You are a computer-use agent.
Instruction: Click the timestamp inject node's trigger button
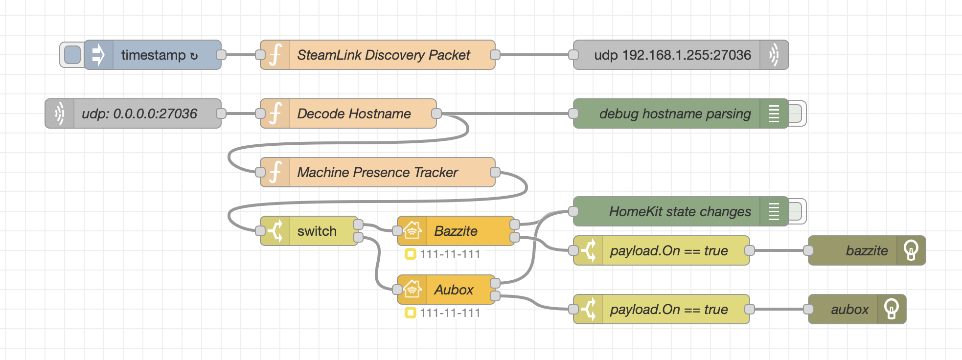[x=72, y=55]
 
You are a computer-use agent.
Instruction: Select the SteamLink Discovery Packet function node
[x=383, y=55]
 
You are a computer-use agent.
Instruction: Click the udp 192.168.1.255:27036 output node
[x=672, y=55]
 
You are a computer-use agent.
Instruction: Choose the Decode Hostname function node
[x=354, y=113]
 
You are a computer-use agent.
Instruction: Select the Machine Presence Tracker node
[x=377, y=172]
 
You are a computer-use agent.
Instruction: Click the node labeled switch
[x=317, y=231]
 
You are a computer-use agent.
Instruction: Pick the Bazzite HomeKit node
[x=456, y=231]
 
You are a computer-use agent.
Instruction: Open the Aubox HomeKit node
[x=454, y=290]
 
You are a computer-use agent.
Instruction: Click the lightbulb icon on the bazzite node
[x=911, y=250]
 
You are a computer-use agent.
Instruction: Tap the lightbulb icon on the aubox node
[x=891, y=309]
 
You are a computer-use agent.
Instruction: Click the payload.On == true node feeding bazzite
[x=669, y=250]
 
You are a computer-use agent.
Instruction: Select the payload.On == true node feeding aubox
[x=669, y=309]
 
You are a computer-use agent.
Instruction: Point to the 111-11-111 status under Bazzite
[x=449, y=254]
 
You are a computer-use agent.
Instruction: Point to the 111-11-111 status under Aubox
[x=449, y=313]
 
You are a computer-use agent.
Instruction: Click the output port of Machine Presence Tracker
[x=495, y=172]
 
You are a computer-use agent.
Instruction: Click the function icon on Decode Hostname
[x=275, y=113]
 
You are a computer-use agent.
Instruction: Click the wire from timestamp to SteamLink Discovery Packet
[x=241, y=55]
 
